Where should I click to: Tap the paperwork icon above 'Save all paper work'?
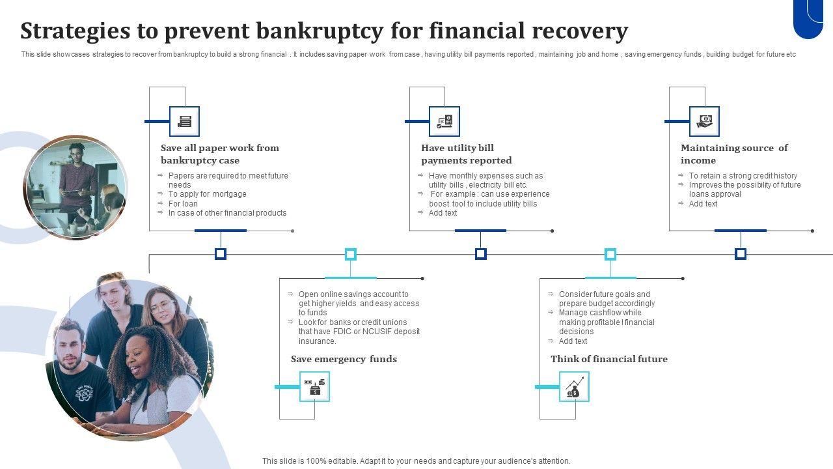(184, 121)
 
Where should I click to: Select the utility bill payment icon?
(444, 121)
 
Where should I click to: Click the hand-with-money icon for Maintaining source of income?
(704, 121)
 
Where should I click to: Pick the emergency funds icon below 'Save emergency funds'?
(315, 387)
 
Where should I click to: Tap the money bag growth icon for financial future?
(574, 387)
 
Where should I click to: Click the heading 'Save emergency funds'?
(344, 359)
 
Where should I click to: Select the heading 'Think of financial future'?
(609, 359)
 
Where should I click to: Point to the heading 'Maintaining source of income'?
(734, 154)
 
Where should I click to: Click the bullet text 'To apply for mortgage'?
(207, 194)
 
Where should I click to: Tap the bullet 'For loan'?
(183, 204)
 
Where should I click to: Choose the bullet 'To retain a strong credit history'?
(743, 176)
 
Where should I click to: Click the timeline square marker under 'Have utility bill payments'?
(481, 254)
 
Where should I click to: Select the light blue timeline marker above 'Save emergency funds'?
(351, 254)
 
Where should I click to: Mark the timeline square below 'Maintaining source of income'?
(741, 254)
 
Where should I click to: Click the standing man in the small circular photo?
(77, 176)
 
